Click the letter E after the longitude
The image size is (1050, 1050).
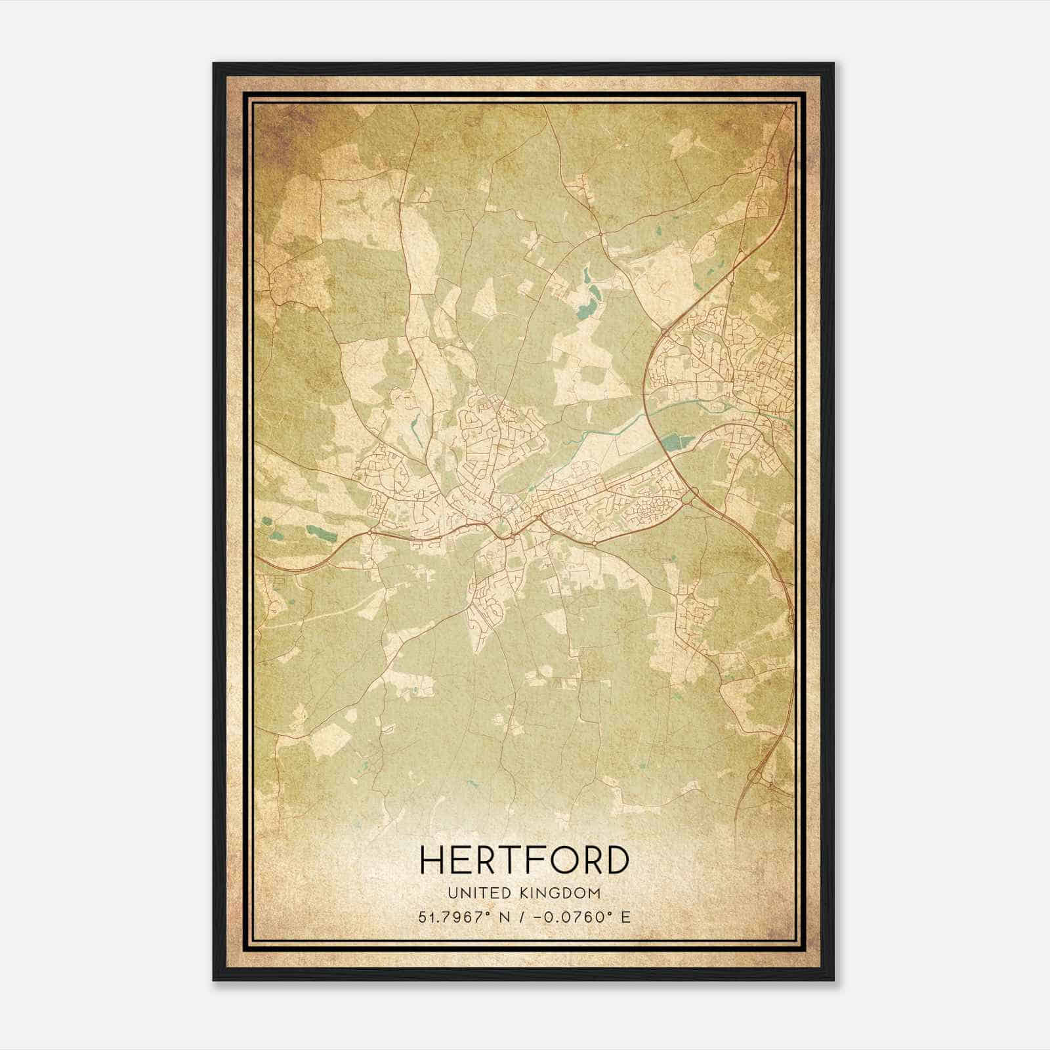pyautogui.click(x=625, y=917)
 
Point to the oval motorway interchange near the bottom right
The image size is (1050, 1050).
pyautogui.click(x=755, y=776)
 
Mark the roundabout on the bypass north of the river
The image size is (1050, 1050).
pyautogui.click(x=665, y=333)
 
